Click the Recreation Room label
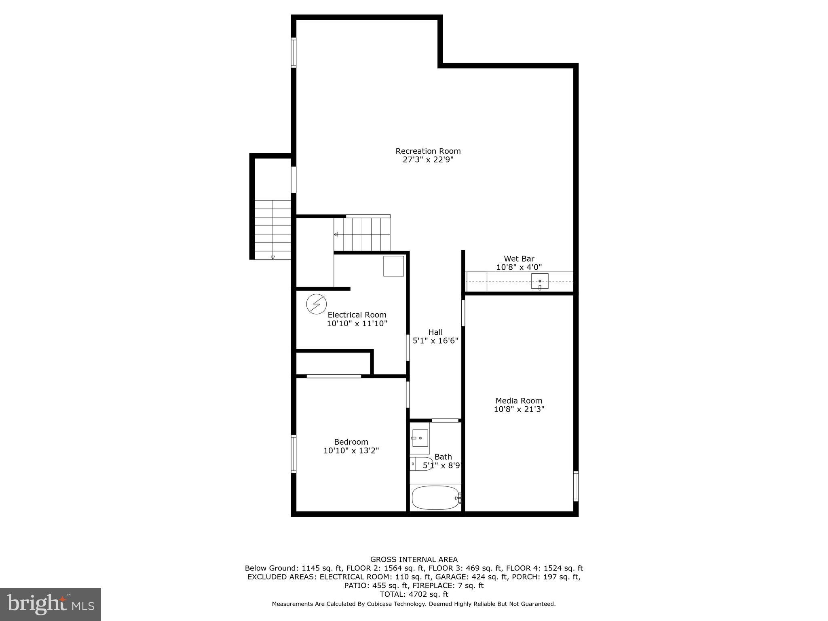pyautogui.click(x=428, y=151)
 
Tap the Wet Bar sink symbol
pyautogui.click(x=540, y=281)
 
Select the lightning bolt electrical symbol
pyautogui.click(x=316, y=304)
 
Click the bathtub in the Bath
pyautogui.click(x=435, y=498)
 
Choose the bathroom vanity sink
pyautogui.click(x=420, y=438)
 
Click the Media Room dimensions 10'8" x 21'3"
pyautogui.click(x=519, y=409)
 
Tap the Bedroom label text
pyautogui.click(x=351, y=442)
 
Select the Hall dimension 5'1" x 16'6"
pyautogui.click(x=435, y=341)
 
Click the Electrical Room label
pyautogui.click(x=357, y=315)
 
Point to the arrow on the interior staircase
pyautogui.click(x=336, y=234)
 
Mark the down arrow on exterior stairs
pyautogui.click(x=272, y=257)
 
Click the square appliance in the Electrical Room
pyautogui.click(x=393, y=266)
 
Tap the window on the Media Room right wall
pyautogui.click(x=576, y=486)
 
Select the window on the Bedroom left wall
pyautogui.click(x=294, y=454)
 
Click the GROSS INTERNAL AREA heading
pyautogui.click(x=414, y=560)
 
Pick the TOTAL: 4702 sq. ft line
pyautogui.click(x=414, y=594)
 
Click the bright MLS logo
pyautogui.click(x=51, y=604)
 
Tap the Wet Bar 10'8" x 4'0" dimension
pyautogui.click(x=519, y=267)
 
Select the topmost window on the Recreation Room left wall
pyautogui.click(x=294, y=52)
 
